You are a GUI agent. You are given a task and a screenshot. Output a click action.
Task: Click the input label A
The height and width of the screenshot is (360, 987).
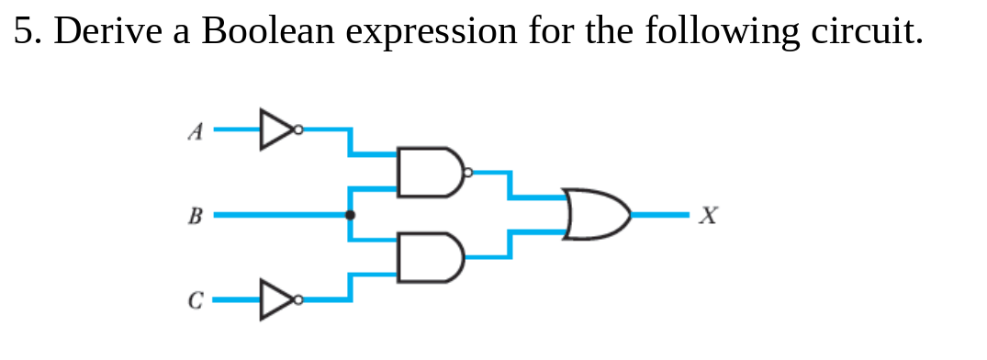point(194,132)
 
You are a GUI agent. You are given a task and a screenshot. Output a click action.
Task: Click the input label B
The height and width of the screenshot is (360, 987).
point(194,217)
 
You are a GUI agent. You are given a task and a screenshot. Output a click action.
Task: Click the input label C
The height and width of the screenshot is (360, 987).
point(194,300)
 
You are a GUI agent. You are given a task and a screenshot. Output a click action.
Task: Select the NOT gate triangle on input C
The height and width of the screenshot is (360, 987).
point(274,299)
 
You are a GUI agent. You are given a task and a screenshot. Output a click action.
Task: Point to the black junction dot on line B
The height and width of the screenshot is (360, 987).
point(349,215)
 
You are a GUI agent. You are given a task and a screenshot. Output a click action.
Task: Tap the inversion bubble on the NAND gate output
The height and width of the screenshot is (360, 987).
point(468,172)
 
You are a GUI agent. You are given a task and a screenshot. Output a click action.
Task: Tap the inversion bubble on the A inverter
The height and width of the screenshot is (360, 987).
point(297,129)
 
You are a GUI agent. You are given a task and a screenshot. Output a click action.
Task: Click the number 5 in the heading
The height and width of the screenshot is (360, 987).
point(24,31)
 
